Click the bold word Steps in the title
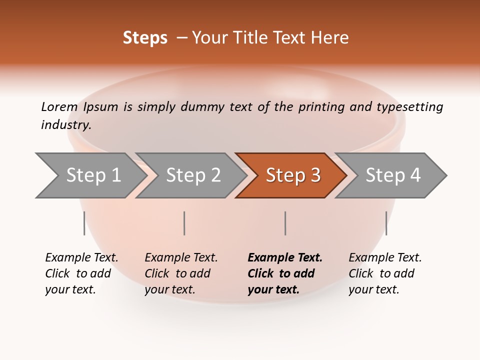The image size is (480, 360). [145, 38]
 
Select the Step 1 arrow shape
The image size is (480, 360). [90, 175]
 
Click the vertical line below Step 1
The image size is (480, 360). [84, 223]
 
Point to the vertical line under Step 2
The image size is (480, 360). [184, 223]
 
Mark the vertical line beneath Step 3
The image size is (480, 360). [285, 223]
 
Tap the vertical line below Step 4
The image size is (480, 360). [386, 223]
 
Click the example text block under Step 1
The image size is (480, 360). [81, 273]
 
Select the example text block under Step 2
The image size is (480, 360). [181, 273]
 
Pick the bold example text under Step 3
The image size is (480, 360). [284, 273]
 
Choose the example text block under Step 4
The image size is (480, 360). [385, 273]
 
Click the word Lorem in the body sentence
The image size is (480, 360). [59, 106]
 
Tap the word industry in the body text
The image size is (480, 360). [65, 125]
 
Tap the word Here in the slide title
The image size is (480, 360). [330, 38]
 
